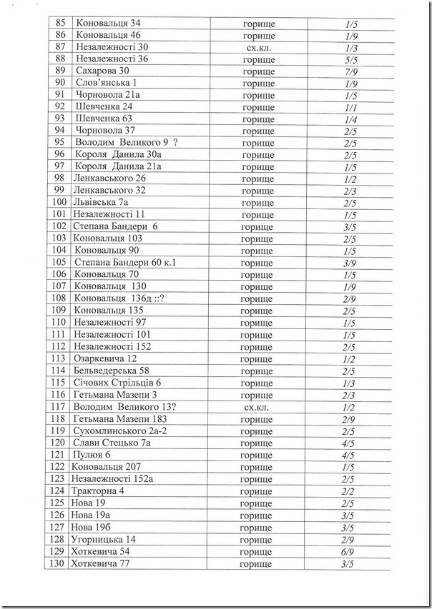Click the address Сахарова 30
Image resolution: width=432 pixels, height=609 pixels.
pyautogui.click(x=102, y=70)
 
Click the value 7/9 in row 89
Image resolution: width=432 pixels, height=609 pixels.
pyautogui.click(x=350, y=70)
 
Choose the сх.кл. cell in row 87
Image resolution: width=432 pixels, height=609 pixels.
pyautogui.click(x=258, y=47)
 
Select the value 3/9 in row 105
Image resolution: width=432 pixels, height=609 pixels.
pyautogui.click(x=350, y=262)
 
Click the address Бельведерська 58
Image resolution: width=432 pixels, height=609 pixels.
pyautogui.click(x=111, y=370)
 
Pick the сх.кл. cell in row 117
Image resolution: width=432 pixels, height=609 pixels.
pyautogui.click(x=258, y=406)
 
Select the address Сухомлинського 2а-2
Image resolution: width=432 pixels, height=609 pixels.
pyautogui.click(x=119, y=431)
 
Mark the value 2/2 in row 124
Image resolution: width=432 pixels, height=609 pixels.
pyautogui.click(x=350, y=490)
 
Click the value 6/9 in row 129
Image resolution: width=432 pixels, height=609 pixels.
pyautogui.click(x=350, y=551)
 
